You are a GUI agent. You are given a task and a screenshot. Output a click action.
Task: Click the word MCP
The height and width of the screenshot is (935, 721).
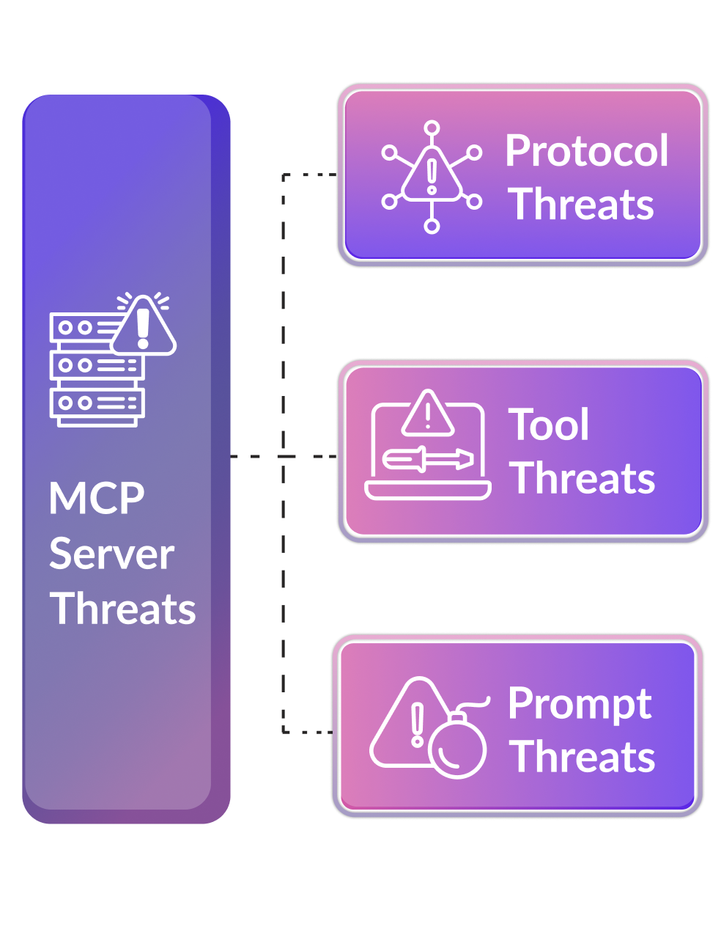click(97, 499)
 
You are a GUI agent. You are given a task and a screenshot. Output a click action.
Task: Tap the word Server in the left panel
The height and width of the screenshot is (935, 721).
click(111, 554)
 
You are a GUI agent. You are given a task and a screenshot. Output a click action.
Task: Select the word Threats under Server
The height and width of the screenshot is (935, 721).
click(122, 609)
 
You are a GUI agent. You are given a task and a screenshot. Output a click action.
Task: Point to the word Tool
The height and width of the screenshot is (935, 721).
click(549, 425)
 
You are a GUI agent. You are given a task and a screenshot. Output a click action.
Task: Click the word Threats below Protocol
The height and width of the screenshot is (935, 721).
click(581, 204)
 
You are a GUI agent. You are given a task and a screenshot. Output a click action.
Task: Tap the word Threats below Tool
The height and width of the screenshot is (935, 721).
click(583, 478)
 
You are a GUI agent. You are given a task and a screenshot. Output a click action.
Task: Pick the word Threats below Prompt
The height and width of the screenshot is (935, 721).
click(583, 757)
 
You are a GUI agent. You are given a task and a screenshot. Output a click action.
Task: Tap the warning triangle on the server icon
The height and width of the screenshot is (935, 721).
click(144, 326)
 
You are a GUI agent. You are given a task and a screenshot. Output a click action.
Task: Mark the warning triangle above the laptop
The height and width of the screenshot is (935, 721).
click(428, 414)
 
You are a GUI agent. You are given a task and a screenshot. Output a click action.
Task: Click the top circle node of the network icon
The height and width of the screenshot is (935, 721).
click(432, 128)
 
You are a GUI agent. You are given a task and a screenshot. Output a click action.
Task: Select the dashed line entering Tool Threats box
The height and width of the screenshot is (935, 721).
click(308, 456)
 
